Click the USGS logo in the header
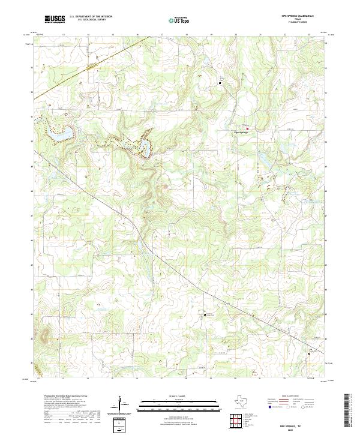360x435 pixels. [x=55, y=19]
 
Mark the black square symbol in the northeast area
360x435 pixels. [x=220, y=83]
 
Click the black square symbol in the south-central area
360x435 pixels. [x=205, y=314]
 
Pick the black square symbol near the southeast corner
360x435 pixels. [x=310, y=353]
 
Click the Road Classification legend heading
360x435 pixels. [x=288, y=397]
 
